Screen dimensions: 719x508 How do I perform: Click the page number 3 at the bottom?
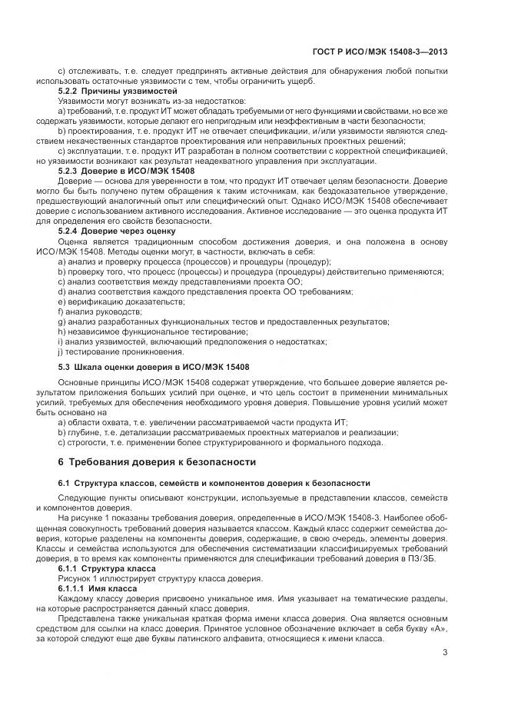[445, 654]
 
